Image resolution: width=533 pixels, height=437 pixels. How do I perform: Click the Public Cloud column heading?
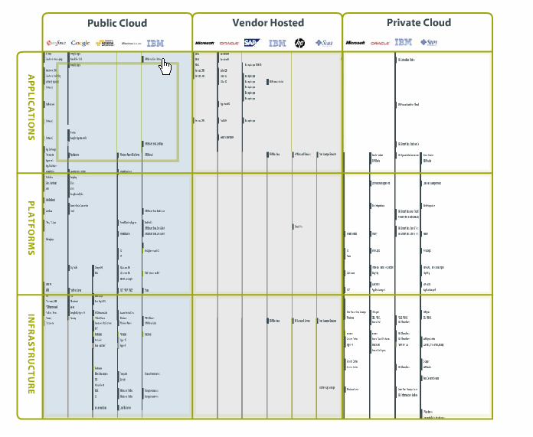pyautogui.click(x=117, y=23)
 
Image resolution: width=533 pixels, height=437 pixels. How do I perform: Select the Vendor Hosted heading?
pyautogui.click(x=268, y=23)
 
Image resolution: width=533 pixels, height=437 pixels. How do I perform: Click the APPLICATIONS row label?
pyautogui.click(x=31, y=107)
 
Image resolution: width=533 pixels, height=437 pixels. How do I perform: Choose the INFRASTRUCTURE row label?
pyautogui.click(x=31, y=354)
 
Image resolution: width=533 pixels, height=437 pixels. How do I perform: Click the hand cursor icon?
pyautogui.click(x=165, y=67)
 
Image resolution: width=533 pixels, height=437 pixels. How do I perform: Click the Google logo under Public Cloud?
pyautogui.click(x=80, y=43)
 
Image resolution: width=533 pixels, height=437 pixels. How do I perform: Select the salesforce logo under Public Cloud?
pyautogui.click(x=56, y=43)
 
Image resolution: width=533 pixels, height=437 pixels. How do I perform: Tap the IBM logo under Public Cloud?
pyautogui.click(x=155, y=43)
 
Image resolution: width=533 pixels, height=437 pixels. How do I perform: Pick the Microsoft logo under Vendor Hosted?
pyautogui.click(x=204, y=43)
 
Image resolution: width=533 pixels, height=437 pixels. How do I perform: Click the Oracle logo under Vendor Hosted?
pyautogui.click(x=229, y=43)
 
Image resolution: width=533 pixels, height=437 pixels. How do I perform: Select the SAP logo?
pyautogui.click(x=251, y=43)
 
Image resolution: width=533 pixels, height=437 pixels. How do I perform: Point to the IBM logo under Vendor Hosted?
pyautogui.click(x=276, y=43)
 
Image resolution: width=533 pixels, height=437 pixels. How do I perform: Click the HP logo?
pyautogui.click(x=299, y=43)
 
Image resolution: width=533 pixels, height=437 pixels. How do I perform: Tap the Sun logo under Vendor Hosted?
pyautogui.click(x=324, y=43)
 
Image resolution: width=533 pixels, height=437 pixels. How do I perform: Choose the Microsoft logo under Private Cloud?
pyautogui.click(x=355, y=43)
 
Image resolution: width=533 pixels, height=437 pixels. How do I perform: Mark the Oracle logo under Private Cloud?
pyautogui.click(x=381, y=43)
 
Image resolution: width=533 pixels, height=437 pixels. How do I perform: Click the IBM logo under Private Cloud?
pyautogui.click(x=404, y=43)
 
